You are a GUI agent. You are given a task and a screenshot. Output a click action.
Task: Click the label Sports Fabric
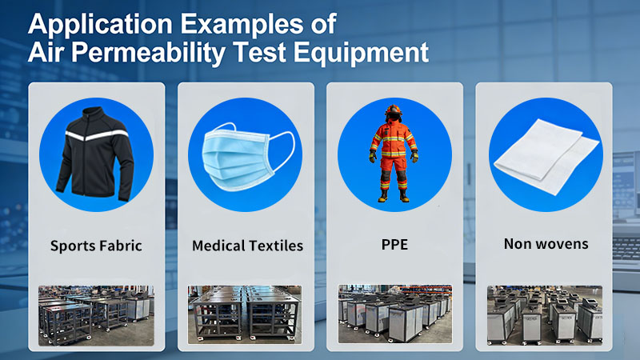coord(96,246)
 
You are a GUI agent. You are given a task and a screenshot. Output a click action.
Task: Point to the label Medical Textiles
coord(247,246)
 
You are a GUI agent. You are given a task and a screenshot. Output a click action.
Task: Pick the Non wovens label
coord(546,243)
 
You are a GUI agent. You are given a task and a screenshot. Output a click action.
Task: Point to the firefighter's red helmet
coord(394,111)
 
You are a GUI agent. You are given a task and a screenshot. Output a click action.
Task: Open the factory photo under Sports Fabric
coord(96,314)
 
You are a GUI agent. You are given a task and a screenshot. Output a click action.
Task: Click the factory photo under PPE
coord(394,314)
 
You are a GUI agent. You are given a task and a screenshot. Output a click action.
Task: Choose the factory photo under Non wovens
coord(545,314)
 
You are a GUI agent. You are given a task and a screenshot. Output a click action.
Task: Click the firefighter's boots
coord(394,194)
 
